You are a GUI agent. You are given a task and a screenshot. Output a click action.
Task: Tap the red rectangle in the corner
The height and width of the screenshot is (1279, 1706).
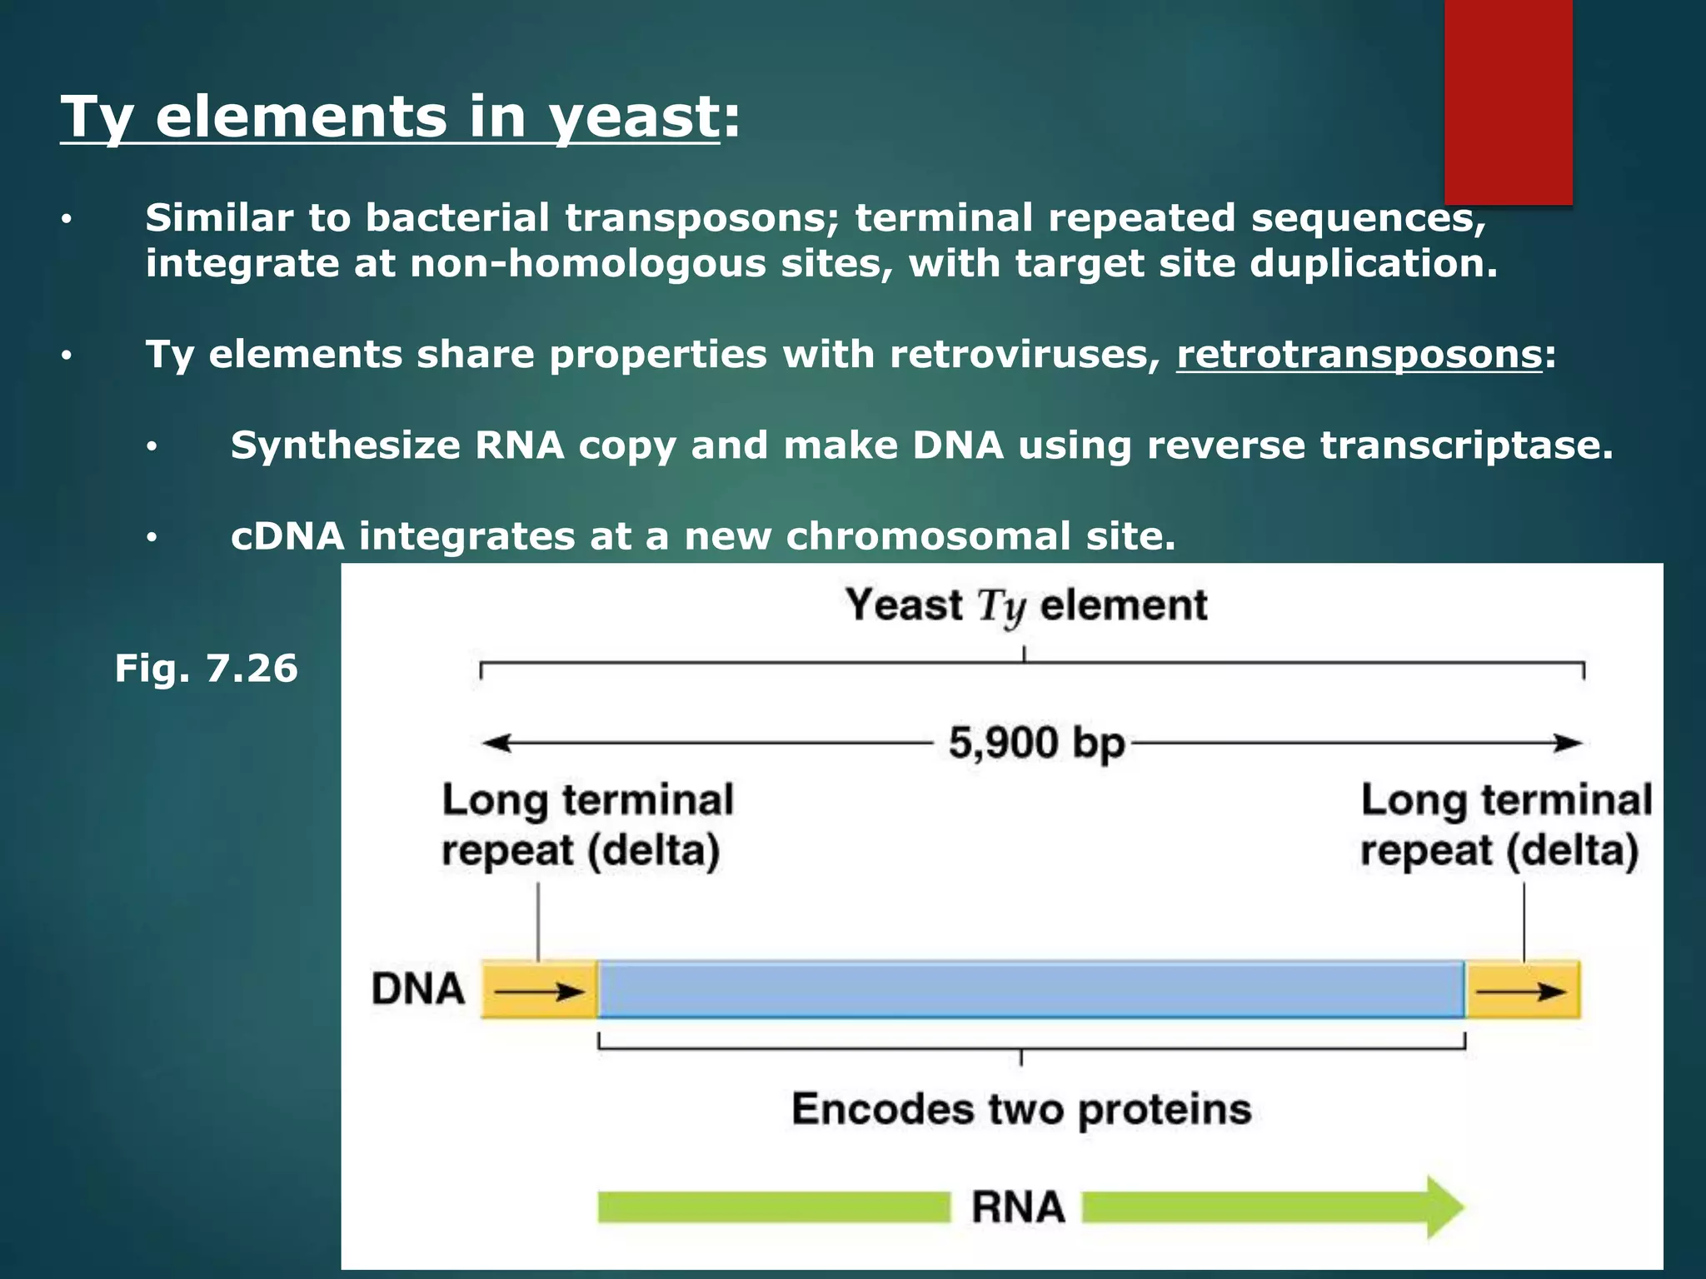click(x=1508, y=100)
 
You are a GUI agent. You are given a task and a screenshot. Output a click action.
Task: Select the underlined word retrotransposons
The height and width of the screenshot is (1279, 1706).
click(x=1359, y=355)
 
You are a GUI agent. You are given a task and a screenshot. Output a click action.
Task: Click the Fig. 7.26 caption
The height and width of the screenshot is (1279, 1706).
click(x=206, y=669)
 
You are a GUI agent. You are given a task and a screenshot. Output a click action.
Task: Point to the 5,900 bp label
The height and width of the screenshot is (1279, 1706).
click(x=1035, y=743)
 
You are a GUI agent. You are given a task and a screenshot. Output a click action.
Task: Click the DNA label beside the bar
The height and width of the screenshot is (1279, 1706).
click(x=418, y=990)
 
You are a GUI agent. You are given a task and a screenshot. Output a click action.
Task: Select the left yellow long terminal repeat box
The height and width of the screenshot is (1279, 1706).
click(x=539, y=990)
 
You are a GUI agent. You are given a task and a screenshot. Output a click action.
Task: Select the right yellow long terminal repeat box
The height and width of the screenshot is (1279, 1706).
click(x=1522, y=990)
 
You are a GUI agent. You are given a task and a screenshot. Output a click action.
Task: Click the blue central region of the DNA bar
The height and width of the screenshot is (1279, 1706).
click(x=1030, y=990)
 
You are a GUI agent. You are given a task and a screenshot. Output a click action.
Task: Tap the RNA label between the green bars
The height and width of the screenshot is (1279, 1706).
click(x=1018, y=1207)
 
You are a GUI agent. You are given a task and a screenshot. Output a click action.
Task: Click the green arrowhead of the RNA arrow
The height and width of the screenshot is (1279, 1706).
click(x=1445, y=1207)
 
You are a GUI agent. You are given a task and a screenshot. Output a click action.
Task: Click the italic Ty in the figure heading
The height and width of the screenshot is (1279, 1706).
click(x=1001, y=606)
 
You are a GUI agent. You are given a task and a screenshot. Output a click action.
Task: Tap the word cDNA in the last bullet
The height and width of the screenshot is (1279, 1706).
click(x=287, y=536)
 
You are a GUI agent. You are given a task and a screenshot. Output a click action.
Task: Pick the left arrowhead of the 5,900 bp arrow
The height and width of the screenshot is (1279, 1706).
click(x=496, y=743)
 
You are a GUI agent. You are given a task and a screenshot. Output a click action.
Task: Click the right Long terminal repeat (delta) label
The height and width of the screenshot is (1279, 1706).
click(x=1505, y=825)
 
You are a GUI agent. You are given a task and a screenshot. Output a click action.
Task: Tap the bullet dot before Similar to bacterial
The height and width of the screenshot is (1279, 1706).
click(x=67, y=221)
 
